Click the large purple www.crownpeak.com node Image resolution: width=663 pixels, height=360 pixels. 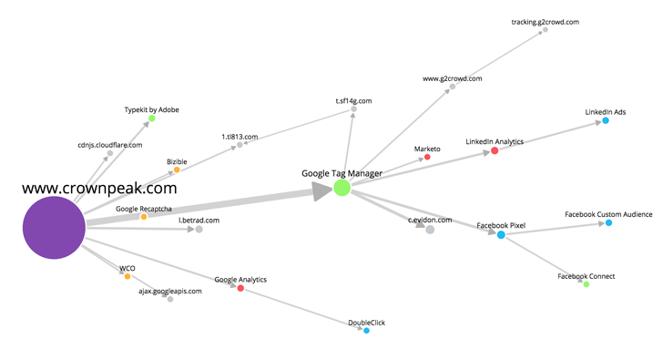(x=54, y=230)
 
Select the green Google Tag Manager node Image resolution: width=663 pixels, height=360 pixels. (x=342, y=188)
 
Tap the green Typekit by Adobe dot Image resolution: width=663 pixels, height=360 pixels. (x=152, y=118)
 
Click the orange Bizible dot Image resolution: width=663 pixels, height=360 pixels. (x=177, y=170)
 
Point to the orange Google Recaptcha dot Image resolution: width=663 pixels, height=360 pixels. (x=144, y=217)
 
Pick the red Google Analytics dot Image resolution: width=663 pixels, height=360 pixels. (x=240, y=288)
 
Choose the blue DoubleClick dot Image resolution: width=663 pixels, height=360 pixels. (x=366, y=330)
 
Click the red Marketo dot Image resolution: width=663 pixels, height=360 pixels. (x=427, y=158)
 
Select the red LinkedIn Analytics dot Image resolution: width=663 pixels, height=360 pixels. (x=495, y=151)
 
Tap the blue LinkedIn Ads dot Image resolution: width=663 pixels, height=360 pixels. (x=605, y=120)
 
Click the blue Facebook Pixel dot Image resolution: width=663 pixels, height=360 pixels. (x=501, y=235)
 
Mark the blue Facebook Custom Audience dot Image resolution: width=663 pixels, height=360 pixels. (x=608, y=223)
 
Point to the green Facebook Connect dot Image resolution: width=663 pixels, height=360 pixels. (x=586, y=284)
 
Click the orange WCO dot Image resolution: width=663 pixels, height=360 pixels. (x=127, y=276)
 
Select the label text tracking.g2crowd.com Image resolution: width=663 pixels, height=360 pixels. (x=545, y=21)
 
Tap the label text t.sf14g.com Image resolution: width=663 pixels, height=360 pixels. (x=353, y=101)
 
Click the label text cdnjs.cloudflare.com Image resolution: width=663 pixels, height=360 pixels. (x=109, y=145)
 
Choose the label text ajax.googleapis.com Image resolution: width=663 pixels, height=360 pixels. (x=169, y=291)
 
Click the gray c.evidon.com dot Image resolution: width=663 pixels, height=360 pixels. (x=430, y=230)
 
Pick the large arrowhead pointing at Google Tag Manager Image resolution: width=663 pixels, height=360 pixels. (x=321, y=190)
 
